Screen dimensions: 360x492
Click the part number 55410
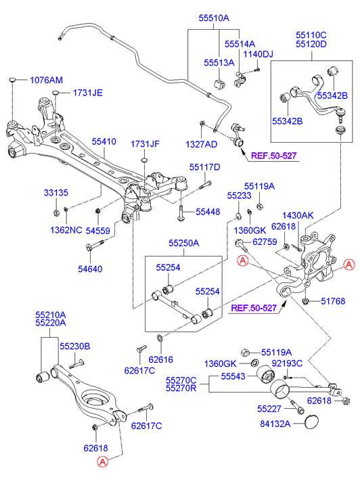click(x=104, y=141)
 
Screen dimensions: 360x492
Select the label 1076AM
click(x=46, y=81)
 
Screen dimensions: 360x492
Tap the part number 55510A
click(x=214, y=18)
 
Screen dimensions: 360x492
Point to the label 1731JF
click(x=145, y=144)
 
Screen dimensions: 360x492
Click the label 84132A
click(x=275, y=424)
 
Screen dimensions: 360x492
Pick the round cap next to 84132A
click(x=311, y=422)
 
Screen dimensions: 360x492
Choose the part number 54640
click(x=90, y=269)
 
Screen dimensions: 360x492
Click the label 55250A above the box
click(x=184, y=243)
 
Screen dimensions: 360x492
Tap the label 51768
click(x=333, y=301)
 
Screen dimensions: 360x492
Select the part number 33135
click(x=56, y=193)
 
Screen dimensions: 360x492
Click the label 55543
click(x=233, y=376)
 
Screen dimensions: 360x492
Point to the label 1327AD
click(x=202, y=144)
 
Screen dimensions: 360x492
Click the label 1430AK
click(x=298, y=216)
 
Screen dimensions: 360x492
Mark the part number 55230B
click(x=75, y=346)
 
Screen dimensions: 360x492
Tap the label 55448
click(x=208, y=212)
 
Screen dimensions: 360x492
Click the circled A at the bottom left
click(x=103, y=462)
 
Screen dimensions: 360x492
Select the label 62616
click(x=160, y=359)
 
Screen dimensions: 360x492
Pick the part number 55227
click(x=269, y=409)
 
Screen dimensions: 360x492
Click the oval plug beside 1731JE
click(x=55, y=92)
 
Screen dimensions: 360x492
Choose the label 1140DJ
click(x=258, y=54)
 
